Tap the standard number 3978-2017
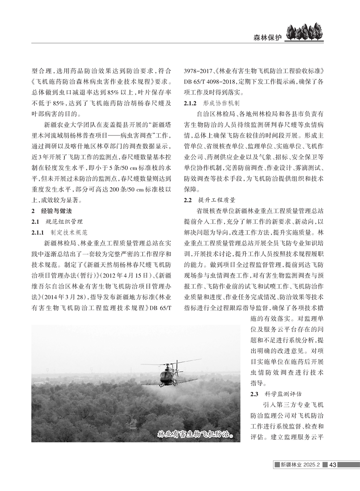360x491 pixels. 198,71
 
